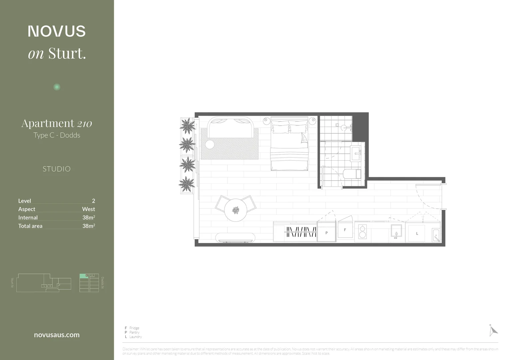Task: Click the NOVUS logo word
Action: click(57, 31)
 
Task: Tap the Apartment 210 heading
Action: click(57, 123)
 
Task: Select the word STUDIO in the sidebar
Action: click(57, 169)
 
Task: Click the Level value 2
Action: click(93, 201)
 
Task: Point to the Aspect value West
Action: click(88, 209)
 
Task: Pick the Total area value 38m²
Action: click(89, 226)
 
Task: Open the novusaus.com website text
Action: click(57, 335)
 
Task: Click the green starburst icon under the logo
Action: click(57, 87)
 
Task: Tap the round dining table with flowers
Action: click(236, 210)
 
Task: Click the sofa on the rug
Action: click(230, 128)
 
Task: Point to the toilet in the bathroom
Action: click(351, 174)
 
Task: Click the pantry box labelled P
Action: click(326, 233)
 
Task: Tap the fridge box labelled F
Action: click(345, 230)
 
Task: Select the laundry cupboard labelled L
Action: click(417, 233)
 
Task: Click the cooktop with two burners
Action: click(362, 232)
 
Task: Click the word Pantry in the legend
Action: click(134, 332)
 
